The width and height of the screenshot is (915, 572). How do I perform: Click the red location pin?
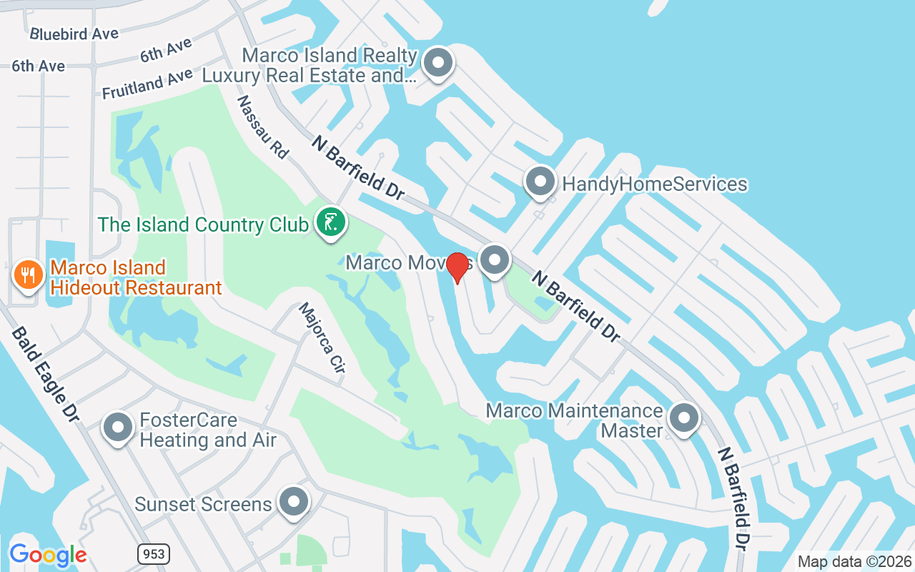457,268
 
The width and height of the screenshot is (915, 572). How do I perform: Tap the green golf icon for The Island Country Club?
330,222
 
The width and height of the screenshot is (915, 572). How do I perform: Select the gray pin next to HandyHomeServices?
540,182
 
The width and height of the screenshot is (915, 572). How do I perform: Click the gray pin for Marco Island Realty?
438,63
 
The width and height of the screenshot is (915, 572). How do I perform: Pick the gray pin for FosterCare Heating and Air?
118,428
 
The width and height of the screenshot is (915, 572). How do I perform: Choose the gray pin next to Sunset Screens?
293,503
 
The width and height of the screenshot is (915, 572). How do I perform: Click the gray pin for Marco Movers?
494,260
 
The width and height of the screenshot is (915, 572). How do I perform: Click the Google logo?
48,555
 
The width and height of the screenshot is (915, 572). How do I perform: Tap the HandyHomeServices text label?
654,184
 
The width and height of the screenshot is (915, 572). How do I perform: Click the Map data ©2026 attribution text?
855,561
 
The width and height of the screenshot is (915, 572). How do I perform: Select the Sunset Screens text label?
204,504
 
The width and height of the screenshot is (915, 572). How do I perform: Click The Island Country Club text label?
203,225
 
